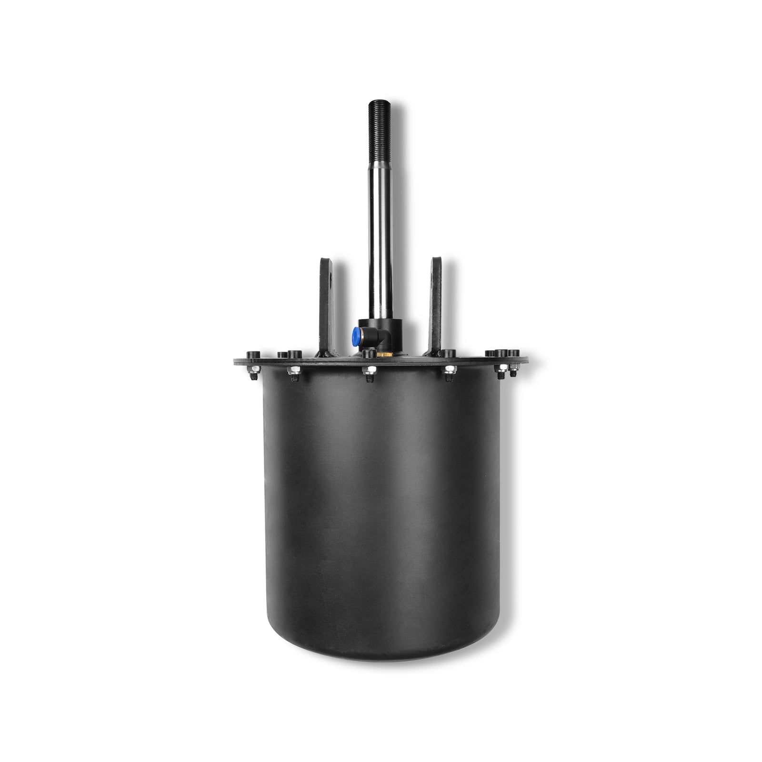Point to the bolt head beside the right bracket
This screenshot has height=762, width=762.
[449, 353]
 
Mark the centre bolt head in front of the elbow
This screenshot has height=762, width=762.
[367, 354]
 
